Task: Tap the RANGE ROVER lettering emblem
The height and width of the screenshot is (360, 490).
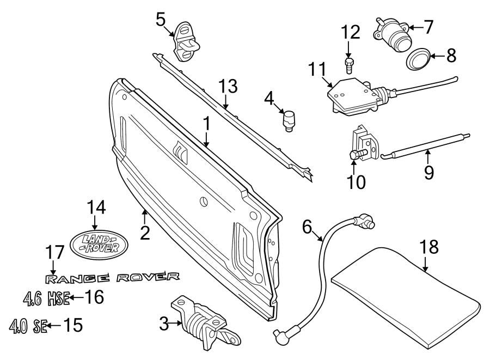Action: coord(112,278)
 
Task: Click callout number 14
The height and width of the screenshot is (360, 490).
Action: coord(96,207)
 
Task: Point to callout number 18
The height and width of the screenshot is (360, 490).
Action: coord(429,247)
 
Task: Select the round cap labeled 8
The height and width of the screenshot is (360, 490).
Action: coord(418,58)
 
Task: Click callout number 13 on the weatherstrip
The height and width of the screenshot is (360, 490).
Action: coord(229,87)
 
